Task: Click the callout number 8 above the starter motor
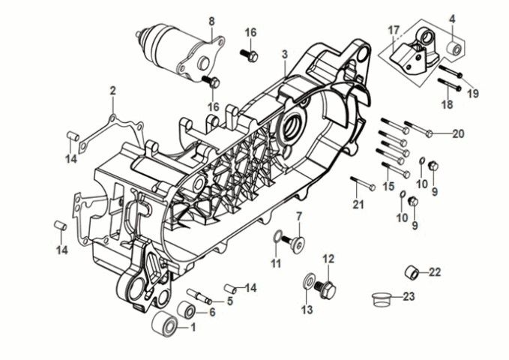pos(211,20)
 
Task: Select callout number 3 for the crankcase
pos(285,55)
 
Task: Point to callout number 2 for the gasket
pos(112,91)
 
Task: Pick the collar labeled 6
pos(186,310)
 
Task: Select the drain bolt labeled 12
pos(326,286)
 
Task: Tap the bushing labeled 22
pos(412,271)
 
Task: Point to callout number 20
pos(458,134)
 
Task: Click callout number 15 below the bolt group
pos(388,186)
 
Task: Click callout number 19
pos(473,93)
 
